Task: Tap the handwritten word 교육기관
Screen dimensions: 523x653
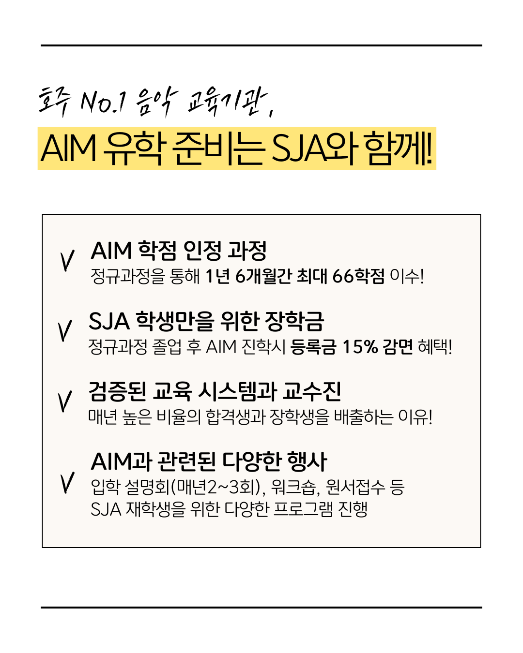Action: tap(227, 102)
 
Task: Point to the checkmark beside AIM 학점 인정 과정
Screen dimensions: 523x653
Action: tap(67, 260)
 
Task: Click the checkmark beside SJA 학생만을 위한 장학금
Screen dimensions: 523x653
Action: tap(65, 330)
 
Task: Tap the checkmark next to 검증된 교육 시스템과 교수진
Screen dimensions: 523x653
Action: tap(65, 401)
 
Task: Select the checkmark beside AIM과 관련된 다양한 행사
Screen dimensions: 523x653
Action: tap(67, 482)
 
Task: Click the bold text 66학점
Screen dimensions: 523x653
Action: tap(358, 276)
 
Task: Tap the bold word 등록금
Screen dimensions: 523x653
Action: tap(313, 346)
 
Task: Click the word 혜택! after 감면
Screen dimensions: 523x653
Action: tap(435, 346)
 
